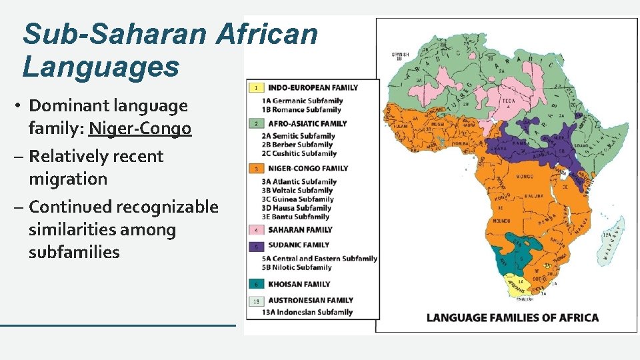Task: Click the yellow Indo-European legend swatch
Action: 257,87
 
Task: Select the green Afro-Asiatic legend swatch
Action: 257,123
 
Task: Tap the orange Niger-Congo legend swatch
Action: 257,169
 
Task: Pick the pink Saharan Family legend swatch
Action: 257,230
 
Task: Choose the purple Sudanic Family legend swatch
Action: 257,245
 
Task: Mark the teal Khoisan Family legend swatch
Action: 257,284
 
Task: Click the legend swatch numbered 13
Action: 257,301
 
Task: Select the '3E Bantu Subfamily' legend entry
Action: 295,217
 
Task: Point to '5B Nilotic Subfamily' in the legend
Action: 297,267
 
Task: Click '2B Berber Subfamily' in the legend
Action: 297,145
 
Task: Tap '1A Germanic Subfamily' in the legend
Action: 302,101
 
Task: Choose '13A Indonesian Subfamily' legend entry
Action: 307,312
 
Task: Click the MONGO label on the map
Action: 524,177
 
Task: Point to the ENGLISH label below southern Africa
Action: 525,299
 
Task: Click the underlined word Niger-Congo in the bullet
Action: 140,127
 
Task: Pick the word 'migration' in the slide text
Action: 67,179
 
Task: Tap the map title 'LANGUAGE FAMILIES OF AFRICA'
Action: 512,317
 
